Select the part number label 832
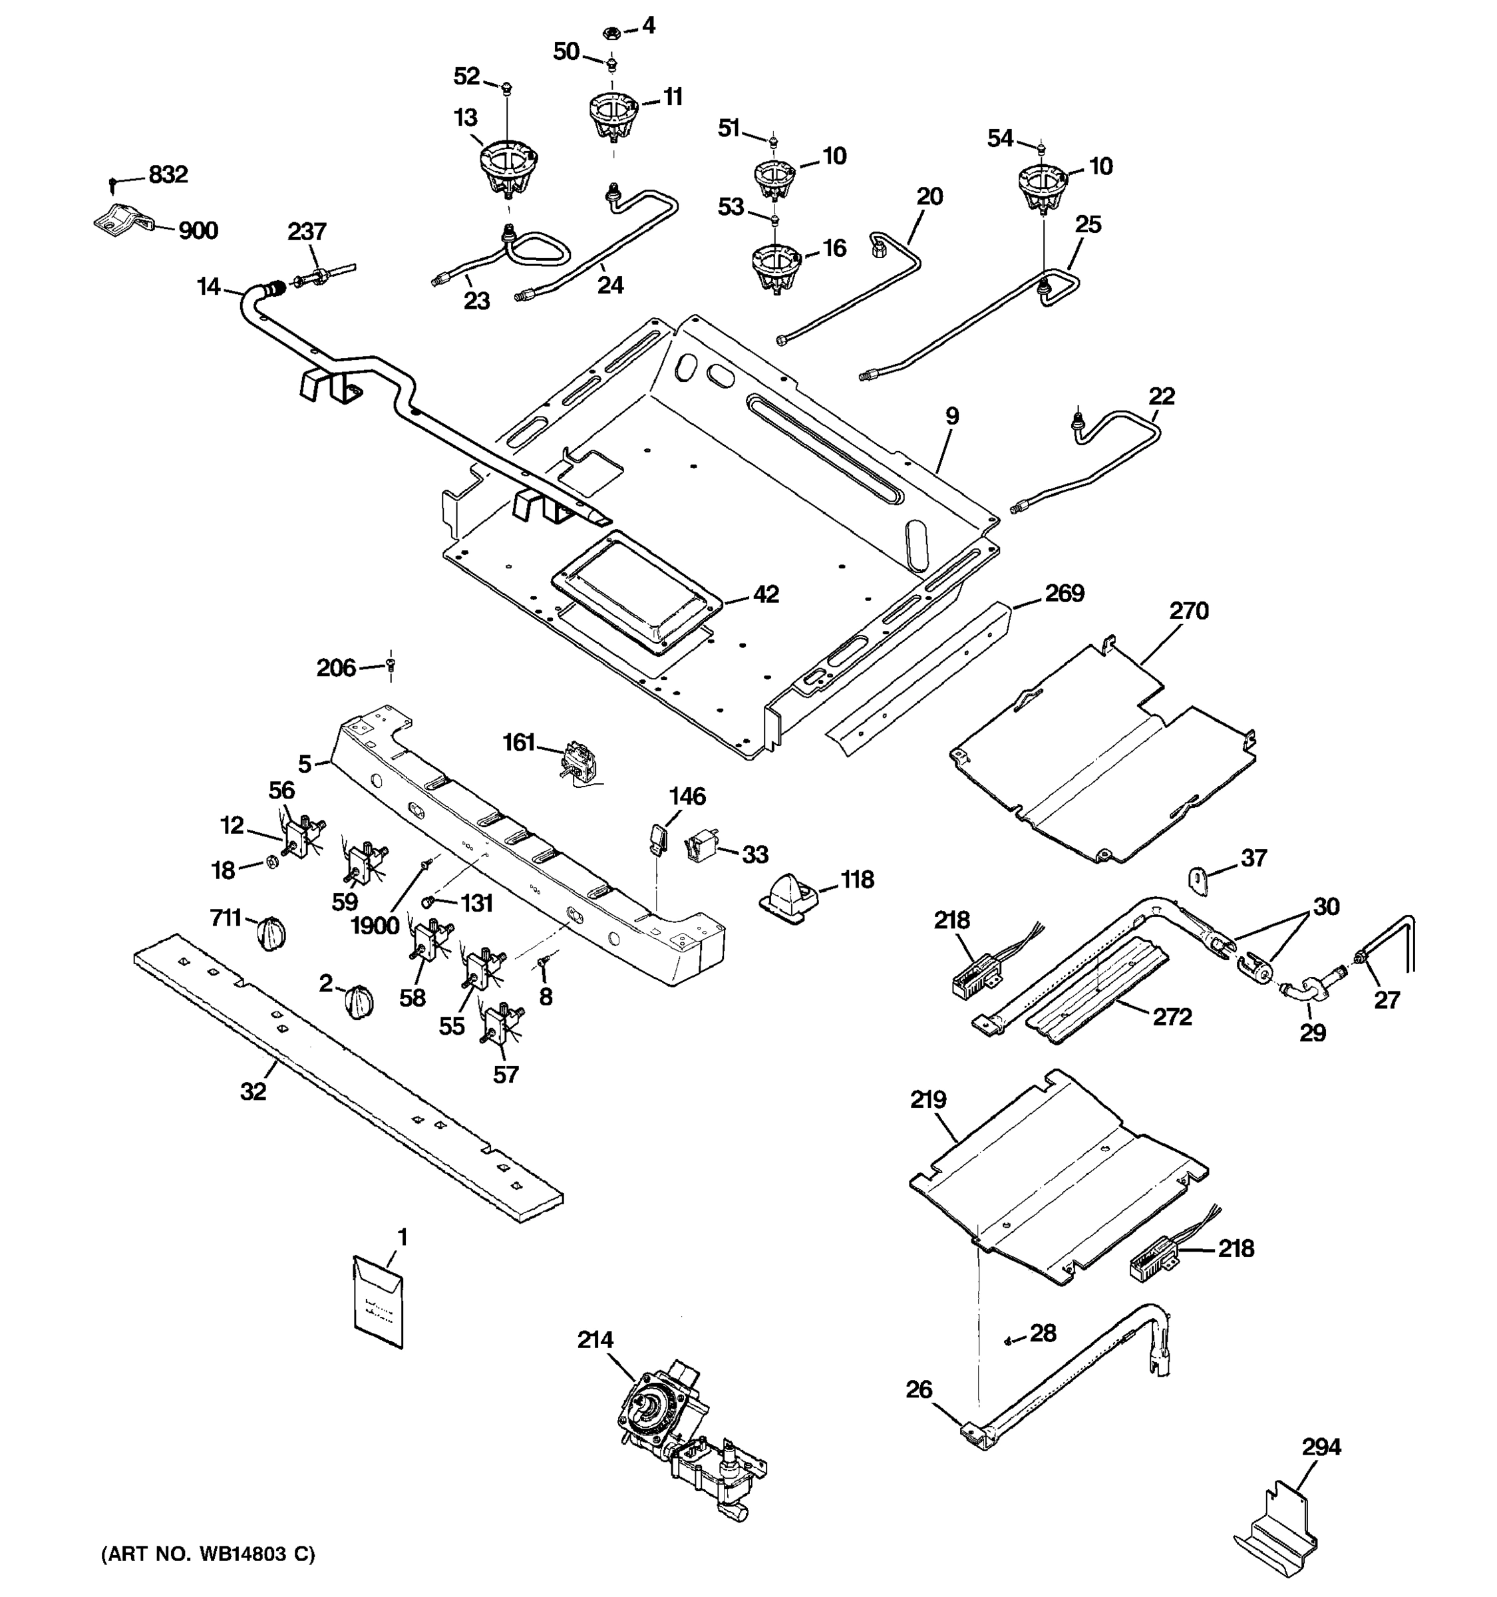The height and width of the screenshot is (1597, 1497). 168,174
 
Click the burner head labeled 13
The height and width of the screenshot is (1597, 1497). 507,167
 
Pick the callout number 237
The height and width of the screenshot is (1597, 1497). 307,232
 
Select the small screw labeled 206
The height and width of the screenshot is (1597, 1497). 391,664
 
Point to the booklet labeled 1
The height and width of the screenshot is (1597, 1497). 379,1305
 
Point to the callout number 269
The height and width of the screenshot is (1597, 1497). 1064,594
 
